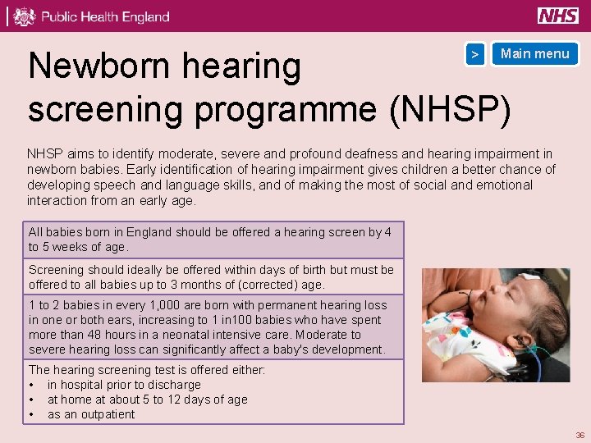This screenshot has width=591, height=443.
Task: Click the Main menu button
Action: point(534,54)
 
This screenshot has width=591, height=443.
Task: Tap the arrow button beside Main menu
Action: point(474,54)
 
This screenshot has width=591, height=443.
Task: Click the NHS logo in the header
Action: point(558,16)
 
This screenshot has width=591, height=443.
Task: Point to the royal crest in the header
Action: point(25,16)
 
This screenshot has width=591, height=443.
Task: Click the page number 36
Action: point(580,435)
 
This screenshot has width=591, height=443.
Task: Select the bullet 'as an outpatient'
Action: point(91,414)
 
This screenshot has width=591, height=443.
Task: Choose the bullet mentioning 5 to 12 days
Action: point(147,400)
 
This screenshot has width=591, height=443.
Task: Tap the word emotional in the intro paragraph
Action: point(504,185)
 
